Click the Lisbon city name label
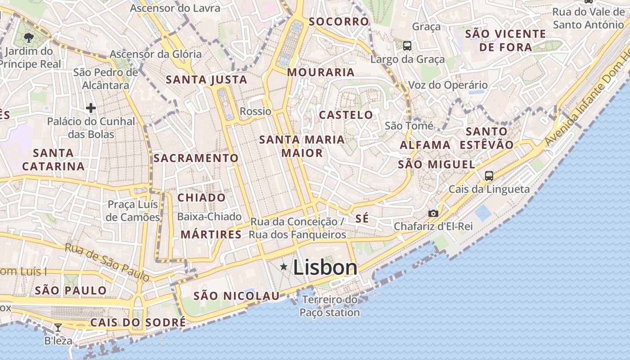325,268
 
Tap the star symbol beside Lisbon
283,267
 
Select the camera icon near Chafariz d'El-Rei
433,213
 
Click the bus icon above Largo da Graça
407,45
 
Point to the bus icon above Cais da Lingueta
489,175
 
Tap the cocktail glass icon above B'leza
58,328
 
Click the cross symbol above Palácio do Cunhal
91,108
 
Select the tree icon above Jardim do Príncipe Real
29,37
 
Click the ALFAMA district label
425,145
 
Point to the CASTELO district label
346,115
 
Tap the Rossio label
256,111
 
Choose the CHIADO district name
201,198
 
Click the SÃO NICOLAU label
236,296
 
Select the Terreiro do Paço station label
330,306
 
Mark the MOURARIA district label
321,72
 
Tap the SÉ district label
362,219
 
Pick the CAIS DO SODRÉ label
138,322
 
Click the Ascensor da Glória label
156,54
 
